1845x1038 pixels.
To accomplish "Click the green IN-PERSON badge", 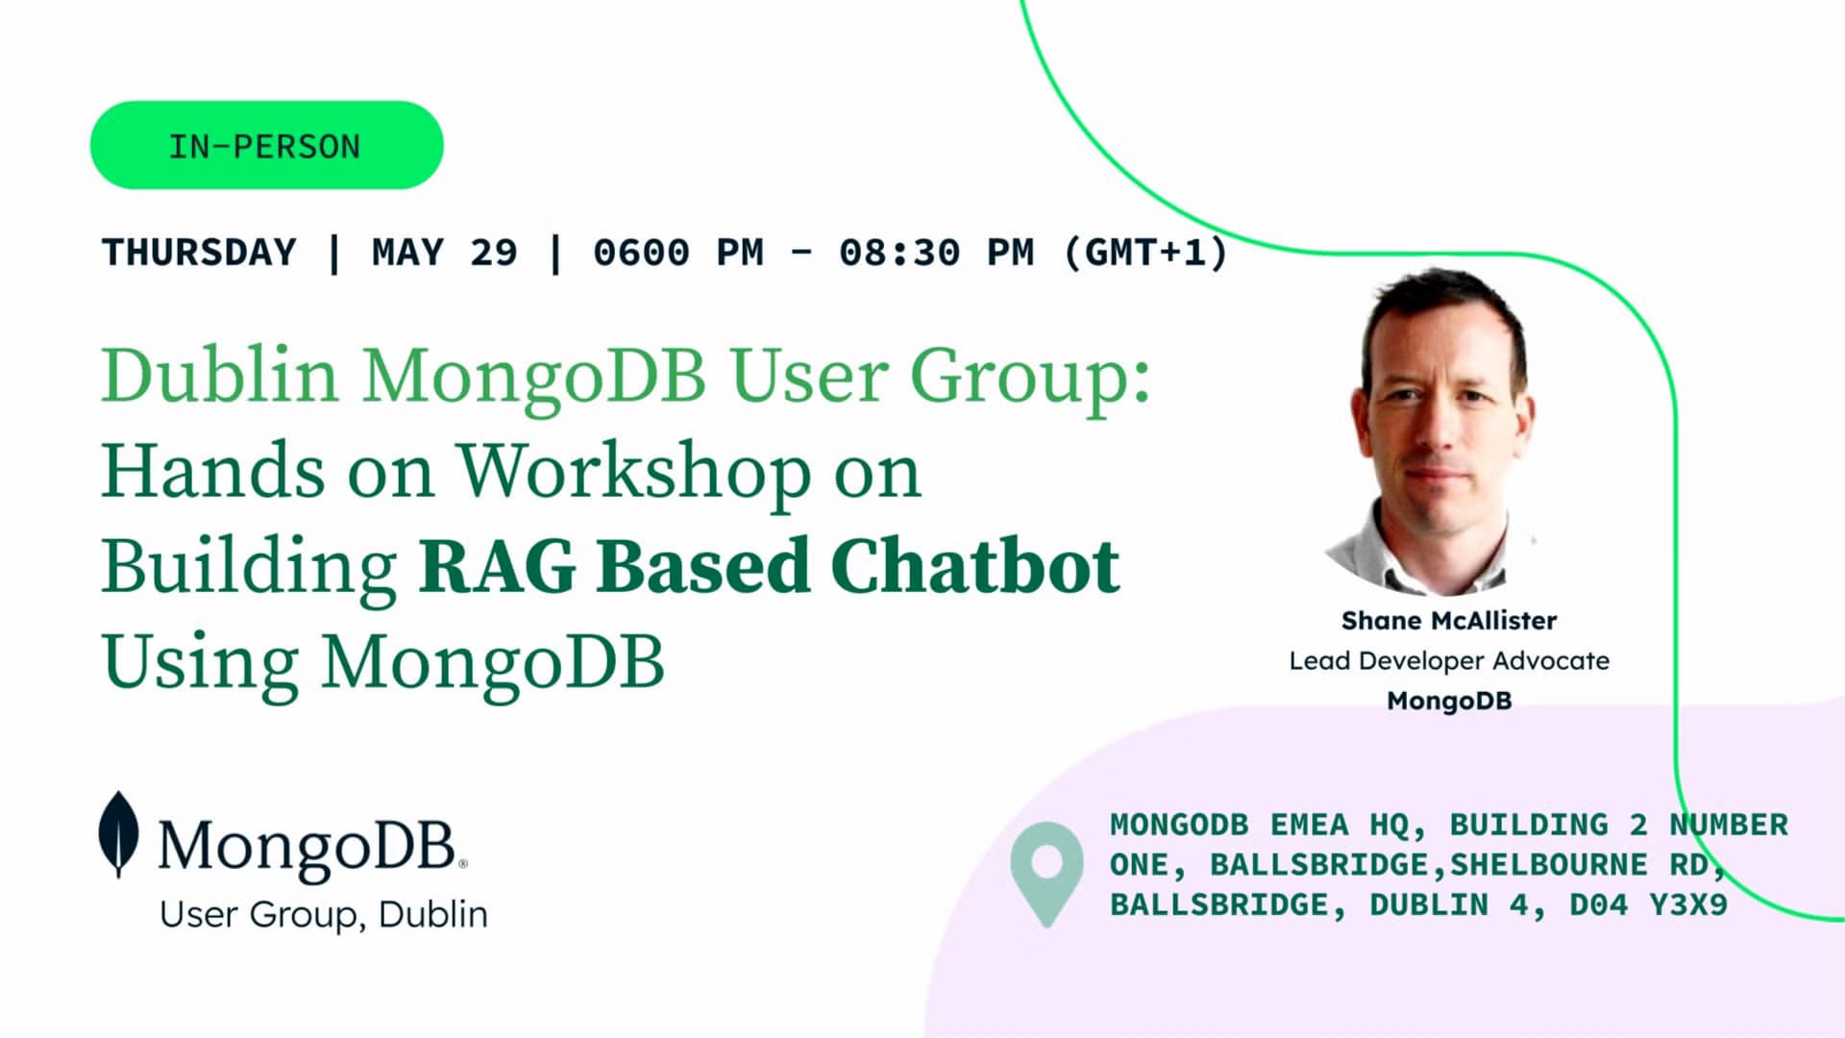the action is click(x=266, y=145).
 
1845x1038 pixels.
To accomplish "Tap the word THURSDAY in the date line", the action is click(x=199, y=253).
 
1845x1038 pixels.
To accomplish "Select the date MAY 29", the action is click(x=445, y=253).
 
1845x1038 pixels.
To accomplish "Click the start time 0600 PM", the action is click(x=678, y=253).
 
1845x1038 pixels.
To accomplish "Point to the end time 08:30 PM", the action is click(x=937, y=253).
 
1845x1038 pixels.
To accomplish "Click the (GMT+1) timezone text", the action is click(x=1146, y=253).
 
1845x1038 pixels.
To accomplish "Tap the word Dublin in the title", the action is click(x=220, y=375).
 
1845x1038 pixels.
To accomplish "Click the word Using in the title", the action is click(x=200, y=663).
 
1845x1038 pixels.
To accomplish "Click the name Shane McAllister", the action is click(x=1449, y=621).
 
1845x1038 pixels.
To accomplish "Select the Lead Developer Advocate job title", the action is click(x=1449, y=661).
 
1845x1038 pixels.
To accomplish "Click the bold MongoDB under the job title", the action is click(x=1449, y=701).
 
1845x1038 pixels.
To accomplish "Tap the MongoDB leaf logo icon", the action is click(x=118, y=834).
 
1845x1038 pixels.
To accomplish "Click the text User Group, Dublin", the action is click(x=324, y=915).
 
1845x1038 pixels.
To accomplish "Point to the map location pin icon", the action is click(x=1046, y=874).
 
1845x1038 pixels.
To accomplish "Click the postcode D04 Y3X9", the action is click(x=1649, y=904).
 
